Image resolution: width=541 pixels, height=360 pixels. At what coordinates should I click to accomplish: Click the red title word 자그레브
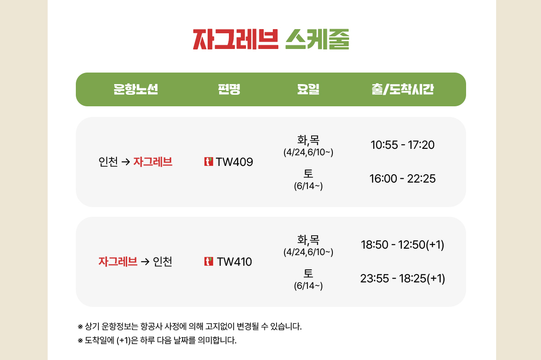(236, 39)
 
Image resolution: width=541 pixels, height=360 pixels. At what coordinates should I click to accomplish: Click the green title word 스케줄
(317, 39)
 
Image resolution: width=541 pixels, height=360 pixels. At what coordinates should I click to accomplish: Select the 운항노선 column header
(136, 89)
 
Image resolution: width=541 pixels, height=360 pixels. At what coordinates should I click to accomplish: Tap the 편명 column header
(229, 89)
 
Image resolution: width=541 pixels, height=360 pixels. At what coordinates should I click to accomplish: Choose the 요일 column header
(308, 89)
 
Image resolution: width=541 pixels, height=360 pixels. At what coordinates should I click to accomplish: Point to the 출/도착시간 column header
(403, 89)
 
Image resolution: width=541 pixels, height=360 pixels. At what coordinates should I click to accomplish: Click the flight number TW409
(234, 162)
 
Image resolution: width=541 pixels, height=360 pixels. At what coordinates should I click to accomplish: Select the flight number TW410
(234, 262)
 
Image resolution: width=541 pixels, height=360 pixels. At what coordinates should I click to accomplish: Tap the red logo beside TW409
(209, 161)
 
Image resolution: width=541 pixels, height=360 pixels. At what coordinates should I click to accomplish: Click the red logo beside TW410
(209, 262)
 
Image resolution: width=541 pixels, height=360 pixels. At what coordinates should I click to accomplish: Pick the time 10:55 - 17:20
(403, 145)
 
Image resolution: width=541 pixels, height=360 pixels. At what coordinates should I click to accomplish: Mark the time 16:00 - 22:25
(403, 179)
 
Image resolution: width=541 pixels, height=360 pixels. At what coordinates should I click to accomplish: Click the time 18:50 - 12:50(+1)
(403, 244)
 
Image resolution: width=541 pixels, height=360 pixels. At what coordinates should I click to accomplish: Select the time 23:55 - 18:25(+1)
(403, 278)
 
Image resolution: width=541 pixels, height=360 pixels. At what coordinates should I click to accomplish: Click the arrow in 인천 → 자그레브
(126, 162)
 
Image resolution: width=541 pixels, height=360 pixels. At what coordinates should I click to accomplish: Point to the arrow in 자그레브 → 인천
(145, 262)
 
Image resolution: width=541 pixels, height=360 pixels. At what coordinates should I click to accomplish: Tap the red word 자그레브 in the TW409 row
(153, 162)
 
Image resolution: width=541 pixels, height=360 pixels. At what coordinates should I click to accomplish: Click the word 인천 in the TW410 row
(162, 262)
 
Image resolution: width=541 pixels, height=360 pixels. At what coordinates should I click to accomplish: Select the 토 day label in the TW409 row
(308, 173)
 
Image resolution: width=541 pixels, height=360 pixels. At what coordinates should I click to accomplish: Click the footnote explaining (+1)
(157, 340)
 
